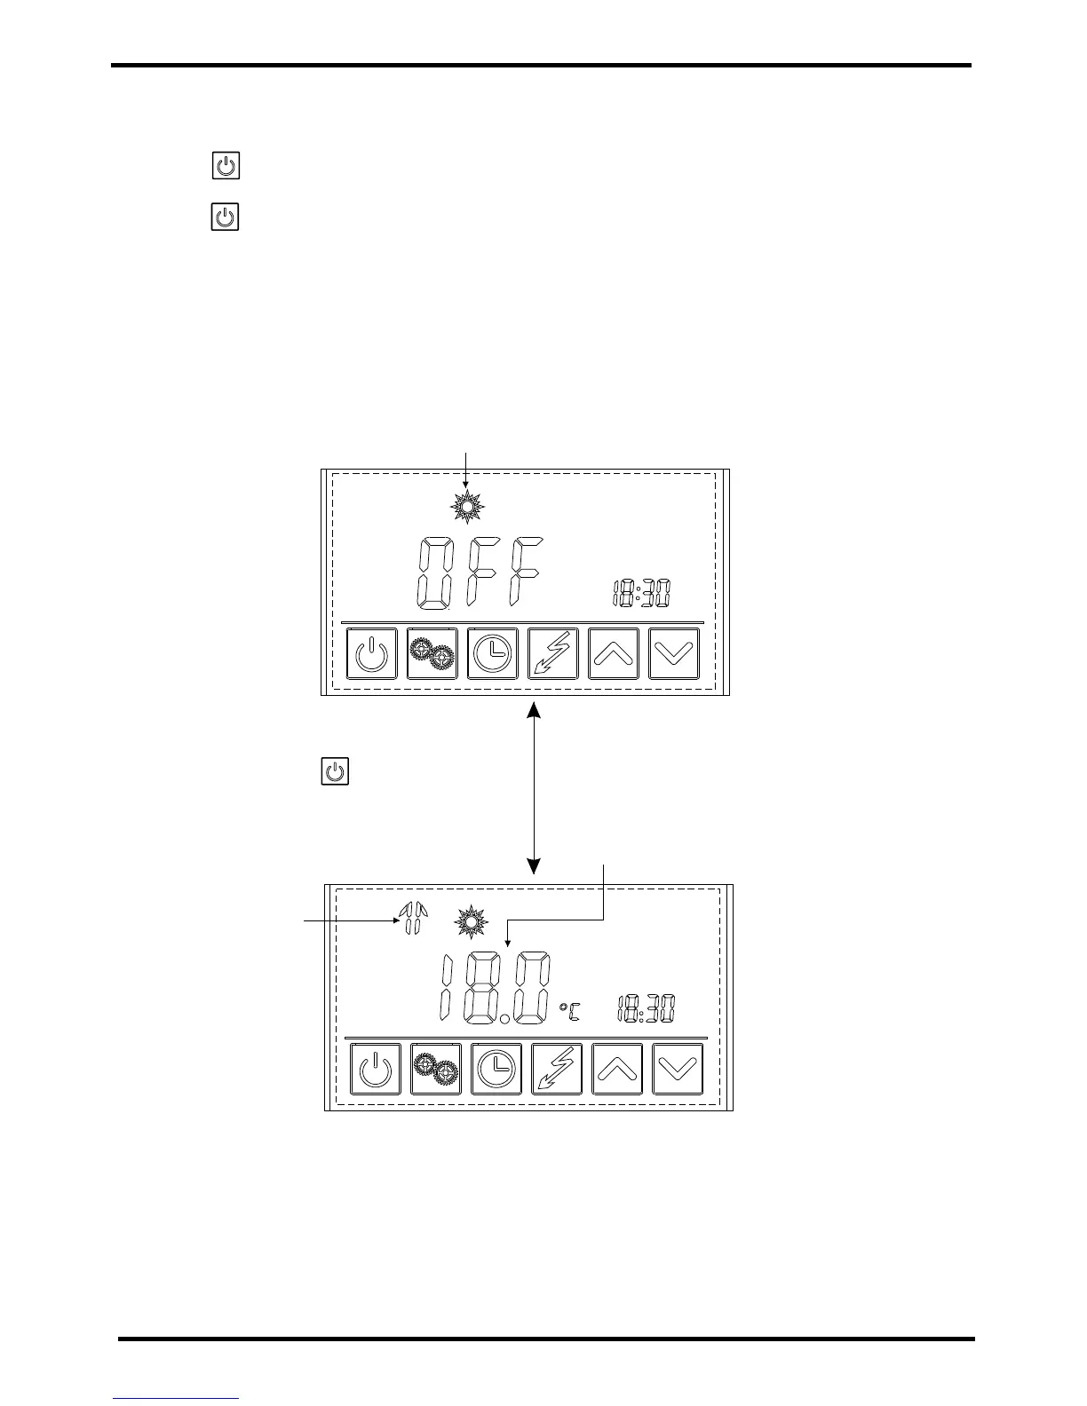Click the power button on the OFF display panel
[371, 654]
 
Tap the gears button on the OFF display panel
[432, 654]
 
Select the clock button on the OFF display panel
[493, 654]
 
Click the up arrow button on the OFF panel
[614, 654]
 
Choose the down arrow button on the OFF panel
[674, 654]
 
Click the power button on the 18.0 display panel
[376, 1069]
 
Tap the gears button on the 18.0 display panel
[436, 1069]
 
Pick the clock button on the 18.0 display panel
[496, 1069]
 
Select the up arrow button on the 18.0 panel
[617, 1069]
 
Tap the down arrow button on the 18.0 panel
[678, 1069]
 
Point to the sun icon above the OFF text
[467, 507]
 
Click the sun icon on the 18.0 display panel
[472, 922]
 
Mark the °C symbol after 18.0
[569, 1009]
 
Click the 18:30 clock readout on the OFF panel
[641, 593]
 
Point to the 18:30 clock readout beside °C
[646, 1008]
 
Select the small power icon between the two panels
[335, 771]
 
